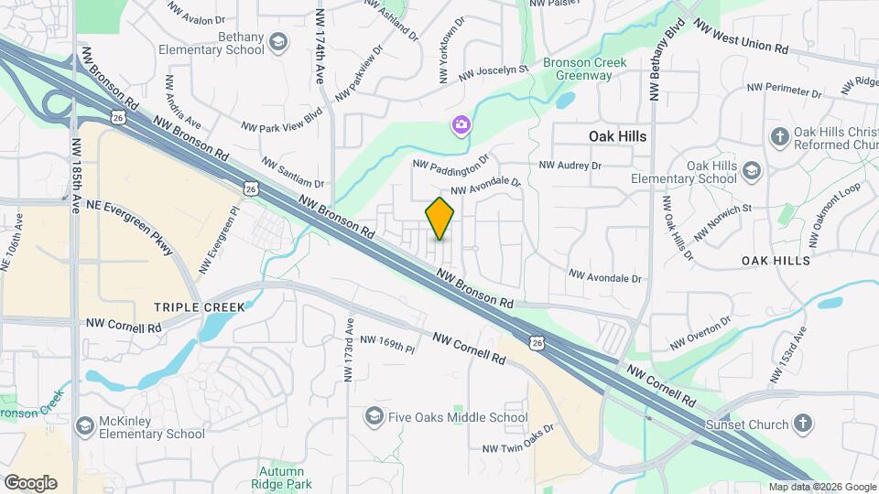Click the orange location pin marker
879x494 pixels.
440,219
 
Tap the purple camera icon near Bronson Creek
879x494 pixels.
461,123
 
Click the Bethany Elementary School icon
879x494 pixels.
278,41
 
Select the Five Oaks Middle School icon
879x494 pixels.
373,417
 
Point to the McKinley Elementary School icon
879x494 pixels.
85,426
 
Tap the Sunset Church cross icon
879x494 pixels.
802,424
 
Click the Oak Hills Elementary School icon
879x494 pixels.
752,171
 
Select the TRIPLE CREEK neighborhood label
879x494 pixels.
200,307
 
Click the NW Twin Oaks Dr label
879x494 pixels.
519,438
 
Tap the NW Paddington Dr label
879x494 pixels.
452,162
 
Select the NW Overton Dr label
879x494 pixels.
700,334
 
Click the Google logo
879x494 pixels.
30,483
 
